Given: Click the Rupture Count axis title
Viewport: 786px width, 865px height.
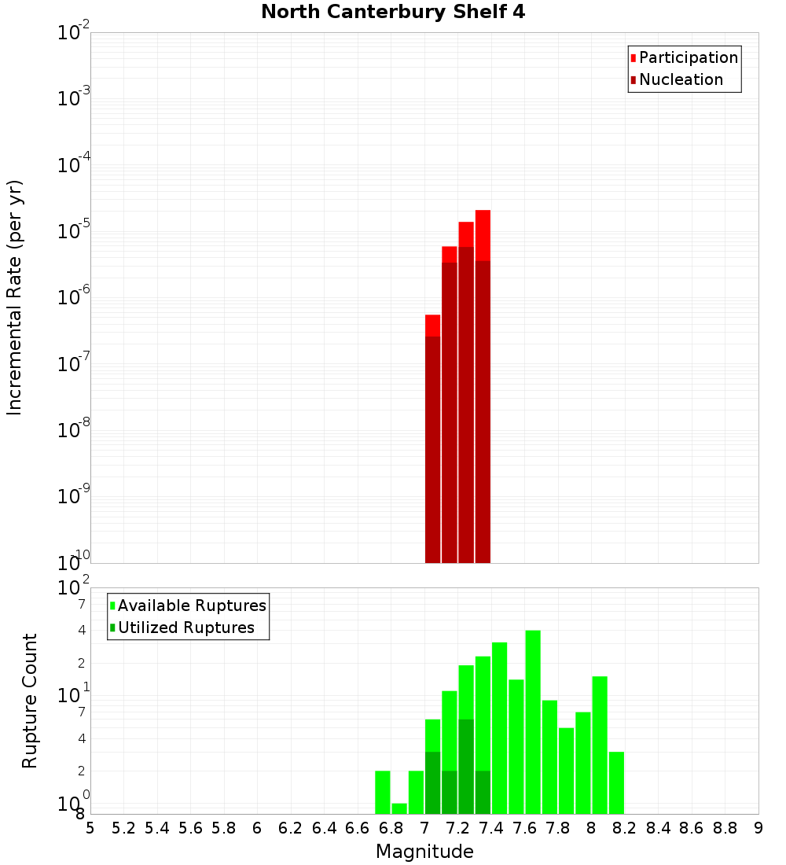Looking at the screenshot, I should point(30,701).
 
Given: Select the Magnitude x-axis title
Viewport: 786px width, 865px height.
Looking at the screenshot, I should point(424,852).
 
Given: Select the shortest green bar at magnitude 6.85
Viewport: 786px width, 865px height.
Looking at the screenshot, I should point(399,808).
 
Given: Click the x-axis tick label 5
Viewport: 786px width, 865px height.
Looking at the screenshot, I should point(90,828).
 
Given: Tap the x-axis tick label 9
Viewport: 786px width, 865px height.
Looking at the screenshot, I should point(758,828).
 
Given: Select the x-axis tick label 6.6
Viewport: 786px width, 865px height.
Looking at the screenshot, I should point(358,828).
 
